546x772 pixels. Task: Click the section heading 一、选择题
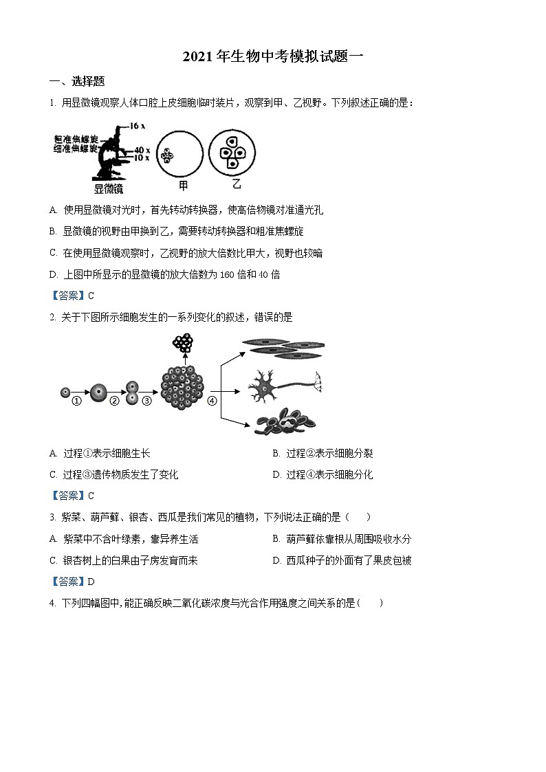pyautogui.click(x=77, y=81)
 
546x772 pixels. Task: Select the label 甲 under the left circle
pyautogui.click(x=183, y=186)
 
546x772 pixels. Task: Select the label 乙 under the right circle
pyautogui.click(x=237, y=185)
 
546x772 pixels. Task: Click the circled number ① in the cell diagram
pyautogui.click(x=77, y=401)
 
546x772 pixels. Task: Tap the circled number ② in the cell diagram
pyautogui.click(x=114, y=401)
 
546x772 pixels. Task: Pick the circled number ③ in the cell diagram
pyautogui.click(x=146, y=401)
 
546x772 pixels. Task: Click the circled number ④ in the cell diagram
pyautogui.click(x=212, y=401)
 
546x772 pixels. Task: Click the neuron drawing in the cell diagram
pyautogui.click(x=282, y=386)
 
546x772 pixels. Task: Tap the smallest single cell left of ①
pyautogui.click(x=65, y=392)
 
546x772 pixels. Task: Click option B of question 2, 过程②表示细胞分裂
pyautogui.click(x=323, y=454)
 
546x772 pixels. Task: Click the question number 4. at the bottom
pyautogui.click(x=52, y=603)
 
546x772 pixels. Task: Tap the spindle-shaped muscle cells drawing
pyautogui.click(x=282, y=349)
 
